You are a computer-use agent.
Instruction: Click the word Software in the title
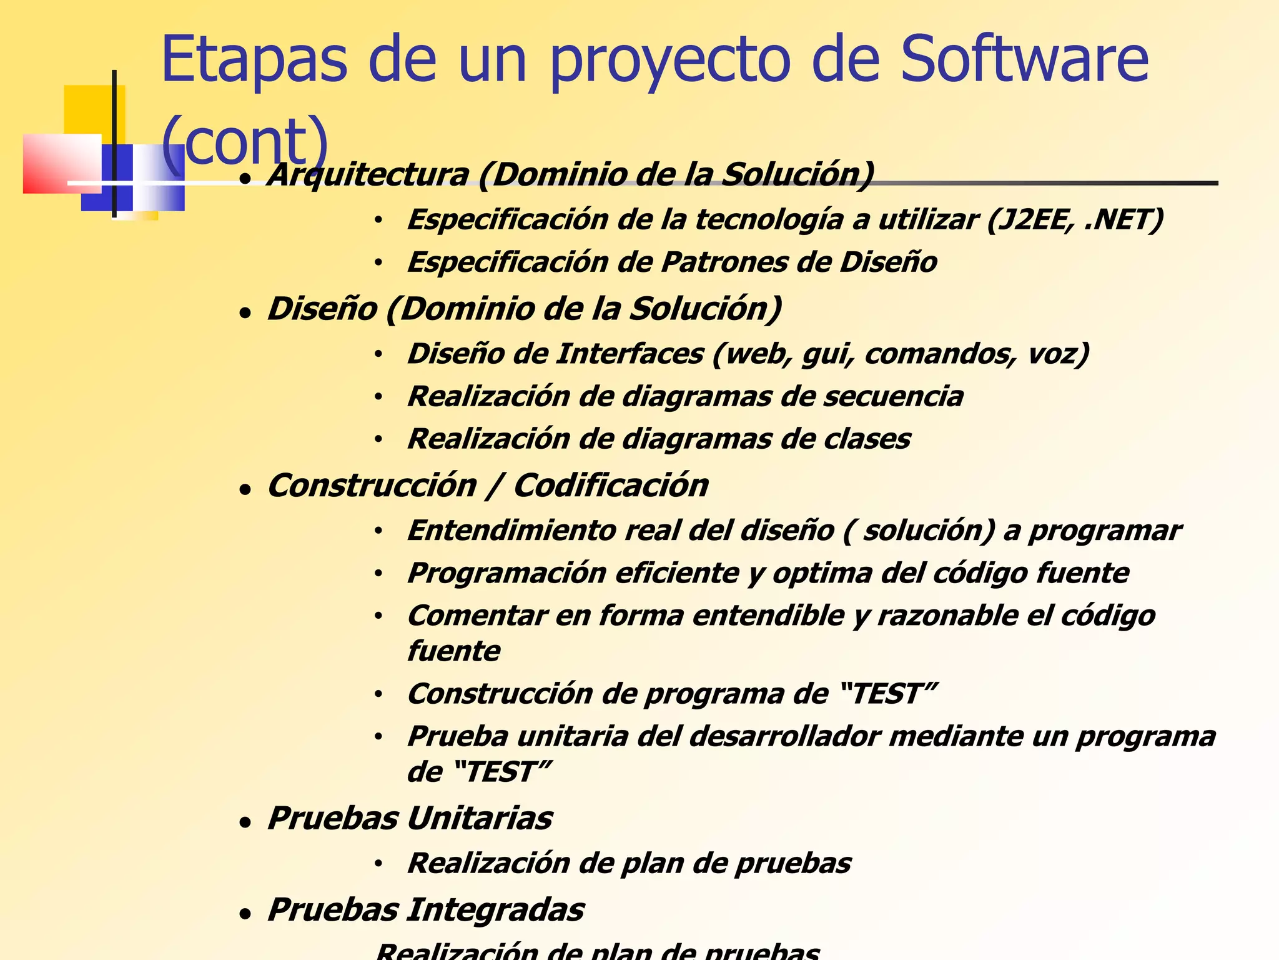click(x=1024, y=59)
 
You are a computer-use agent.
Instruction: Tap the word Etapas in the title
click(x=254, y=59)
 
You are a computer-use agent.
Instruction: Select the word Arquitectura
click(x=368, y=174)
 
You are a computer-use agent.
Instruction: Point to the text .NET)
click(x=1124, y=220)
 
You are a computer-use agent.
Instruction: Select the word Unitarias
click(x=480, y=819)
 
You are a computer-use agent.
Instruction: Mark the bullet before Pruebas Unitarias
click(x=245, y=822)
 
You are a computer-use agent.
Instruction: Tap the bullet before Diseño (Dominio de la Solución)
click(x=245, y=312)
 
